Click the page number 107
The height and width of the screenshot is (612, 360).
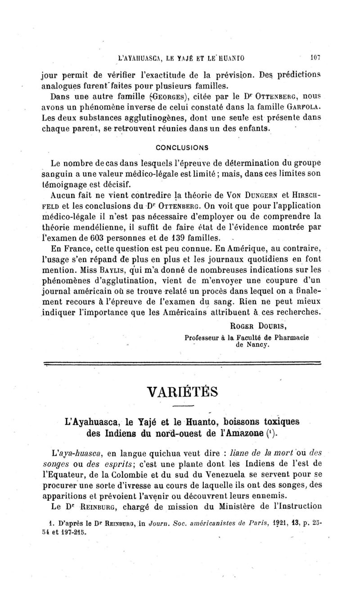point(314,58)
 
